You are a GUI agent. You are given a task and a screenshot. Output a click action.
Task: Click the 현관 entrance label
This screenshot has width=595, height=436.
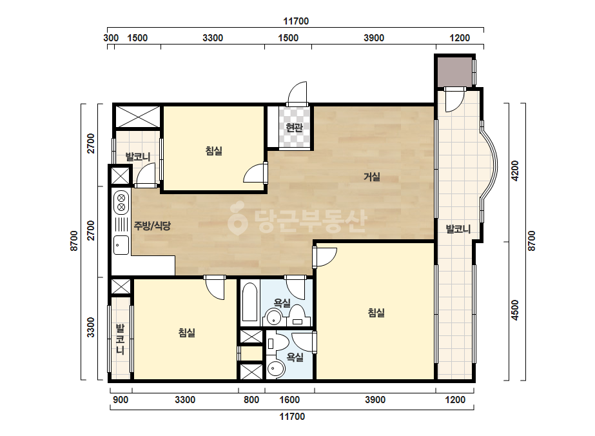294,128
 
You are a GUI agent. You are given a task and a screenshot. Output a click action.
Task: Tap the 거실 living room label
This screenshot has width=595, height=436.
372,177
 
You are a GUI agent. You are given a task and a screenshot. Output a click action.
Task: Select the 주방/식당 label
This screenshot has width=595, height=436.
152,226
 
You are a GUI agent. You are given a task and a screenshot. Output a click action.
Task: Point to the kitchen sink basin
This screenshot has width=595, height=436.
121,245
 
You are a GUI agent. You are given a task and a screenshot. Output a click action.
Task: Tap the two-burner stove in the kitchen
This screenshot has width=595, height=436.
121,202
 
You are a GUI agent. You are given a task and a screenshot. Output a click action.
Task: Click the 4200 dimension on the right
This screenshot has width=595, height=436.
514,171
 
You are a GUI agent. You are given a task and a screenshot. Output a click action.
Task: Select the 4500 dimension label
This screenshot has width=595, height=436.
514,310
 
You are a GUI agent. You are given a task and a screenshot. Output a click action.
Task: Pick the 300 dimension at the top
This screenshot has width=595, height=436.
111,38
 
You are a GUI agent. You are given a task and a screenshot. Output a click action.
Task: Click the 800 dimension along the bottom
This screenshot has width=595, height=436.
251,399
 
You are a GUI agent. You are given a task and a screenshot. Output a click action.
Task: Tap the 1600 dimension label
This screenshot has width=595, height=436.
289,399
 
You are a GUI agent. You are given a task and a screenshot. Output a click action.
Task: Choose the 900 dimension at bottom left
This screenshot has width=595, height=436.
121,399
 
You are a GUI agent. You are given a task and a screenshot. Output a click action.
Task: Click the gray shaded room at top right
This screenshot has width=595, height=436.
454,72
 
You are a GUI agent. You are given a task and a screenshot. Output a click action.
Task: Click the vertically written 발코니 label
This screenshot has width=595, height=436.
120,339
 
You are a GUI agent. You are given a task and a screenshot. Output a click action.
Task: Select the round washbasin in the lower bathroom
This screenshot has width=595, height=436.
276,368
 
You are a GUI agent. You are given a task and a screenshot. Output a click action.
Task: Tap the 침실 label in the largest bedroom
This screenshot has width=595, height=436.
376,313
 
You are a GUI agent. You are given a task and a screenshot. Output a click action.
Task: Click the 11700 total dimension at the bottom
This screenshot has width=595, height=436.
292,417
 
